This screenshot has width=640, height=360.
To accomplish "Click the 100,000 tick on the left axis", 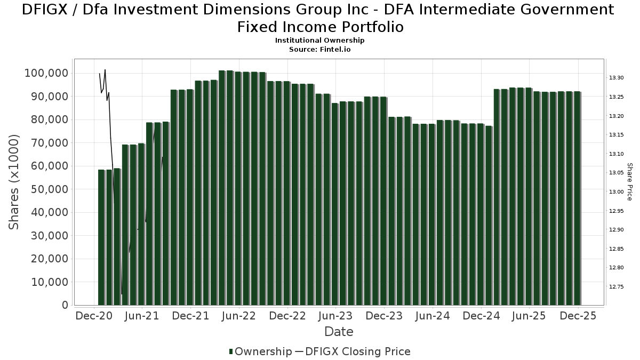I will pyautogui.click(x=46, y=73).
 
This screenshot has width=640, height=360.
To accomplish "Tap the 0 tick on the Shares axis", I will pyautogui.click(x=65, y=305).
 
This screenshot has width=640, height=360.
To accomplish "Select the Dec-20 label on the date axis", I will pyautogui.click(x=94, y=316).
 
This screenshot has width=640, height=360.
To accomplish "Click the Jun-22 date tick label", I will pyautogui.click(x=239, y=316).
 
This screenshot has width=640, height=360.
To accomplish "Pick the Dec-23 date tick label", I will pyautogui.click(x=384, y=316).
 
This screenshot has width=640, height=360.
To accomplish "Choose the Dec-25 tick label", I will pyautogui.click(x=578, y=316).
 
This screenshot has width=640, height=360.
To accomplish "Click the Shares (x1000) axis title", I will pyautogui.click(x=14, y=182).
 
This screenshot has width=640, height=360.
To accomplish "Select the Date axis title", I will pyautogui.click(x=339, y=332).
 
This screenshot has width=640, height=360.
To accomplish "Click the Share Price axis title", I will pyautogui.click(x=629, y=182).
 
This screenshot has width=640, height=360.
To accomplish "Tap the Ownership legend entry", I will pyautogui.click(x=261, y=351).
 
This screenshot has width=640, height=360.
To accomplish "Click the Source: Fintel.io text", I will pyautogui.click(x=319, y=49).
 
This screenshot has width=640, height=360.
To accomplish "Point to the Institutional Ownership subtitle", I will pyautogui.click(x=319, y=41).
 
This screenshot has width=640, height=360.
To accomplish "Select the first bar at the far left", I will pyautogui.click(x=101, y=237).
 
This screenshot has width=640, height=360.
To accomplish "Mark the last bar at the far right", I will pyautogui.click(x=578, y=198).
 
